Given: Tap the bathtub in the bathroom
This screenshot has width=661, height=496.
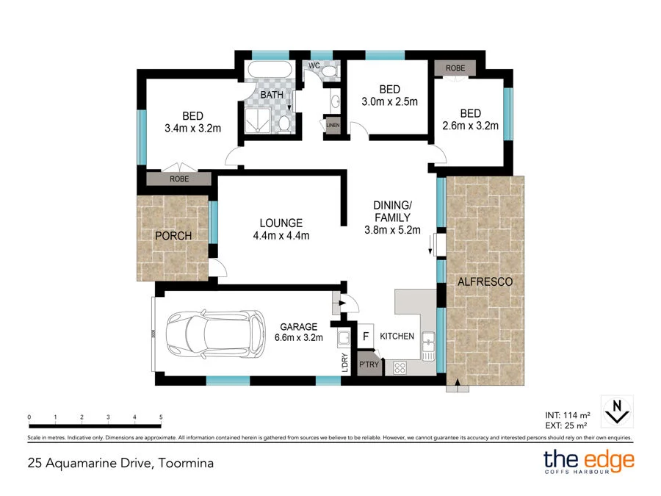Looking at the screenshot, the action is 270,70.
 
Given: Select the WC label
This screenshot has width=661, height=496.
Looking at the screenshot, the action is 314,65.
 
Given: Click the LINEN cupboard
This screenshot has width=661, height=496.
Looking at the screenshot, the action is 333,125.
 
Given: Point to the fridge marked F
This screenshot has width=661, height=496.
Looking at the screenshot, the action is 366,336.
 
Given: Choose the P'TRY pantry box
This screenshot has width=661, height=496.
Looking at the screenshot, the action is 369,364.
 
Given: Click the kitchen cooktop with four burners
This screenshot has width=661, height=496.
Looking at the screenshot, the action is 400,368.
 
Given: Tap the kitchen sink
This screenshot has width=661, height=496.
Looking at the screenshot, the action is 428,346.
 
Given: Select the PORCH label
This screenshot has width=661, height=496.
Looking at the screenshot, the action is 173,236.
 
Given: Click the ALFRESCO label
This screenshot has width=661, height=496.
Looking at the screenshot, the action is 485,281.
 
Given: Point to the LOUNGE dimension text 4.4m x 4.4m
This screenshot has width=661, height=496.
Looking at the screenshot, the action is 281,235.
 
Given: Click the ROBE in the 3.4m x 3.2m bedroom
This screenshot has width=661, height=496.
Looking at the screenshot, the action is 179,179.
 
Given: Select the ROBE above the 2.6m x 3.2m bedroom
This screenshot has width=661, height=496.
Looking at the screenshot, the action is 455,68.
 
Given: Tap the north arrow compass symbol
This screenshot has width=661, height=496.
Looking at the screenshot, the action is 617,411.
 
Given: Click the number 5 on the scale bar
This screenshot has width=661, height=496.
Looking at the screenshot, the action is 161,417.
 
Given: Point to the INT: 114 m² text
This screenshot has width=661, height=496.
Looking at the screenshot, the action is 568,415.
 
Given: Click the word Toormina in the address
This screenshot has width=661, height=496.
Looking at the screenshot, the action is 186,463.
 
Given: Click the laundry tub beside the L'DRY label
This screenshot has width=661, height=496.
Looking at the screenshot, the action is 344,338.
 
